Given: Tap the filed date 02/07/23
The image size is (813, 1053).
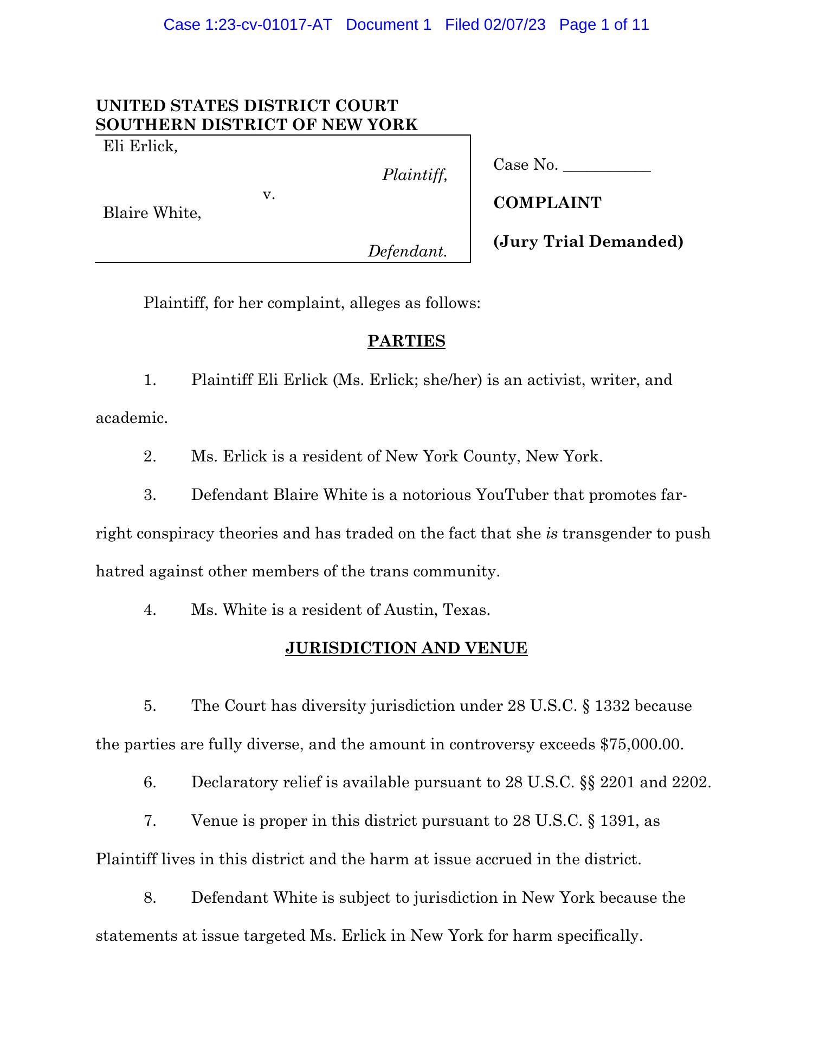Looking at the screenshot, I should click(x=514, y=25).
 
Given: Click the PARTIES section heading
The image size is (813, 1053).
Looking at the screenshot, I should click(x=406, y=341).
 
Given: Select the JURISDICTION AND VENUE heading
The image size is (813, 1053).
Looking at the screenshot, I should click(x=406, y=649).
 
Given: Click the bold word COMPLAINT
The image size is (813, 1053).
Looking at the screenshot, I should click(x=547, y=203).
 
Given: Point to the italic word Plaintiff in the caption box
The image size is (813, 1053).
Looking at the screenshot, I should click(x=414, y=175).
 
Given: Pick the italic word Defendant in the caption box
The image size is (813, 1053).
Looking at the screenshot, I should click(x=407, y=251).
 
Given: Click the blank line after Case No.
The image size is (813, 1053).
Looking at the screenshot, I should click(x=606, y=165).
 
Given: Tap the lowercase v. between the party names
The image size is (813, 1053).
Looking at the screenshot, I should click(x=269, y=194).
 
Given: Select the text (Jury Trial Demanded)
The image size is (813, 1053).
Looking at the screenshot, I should click(x=588, y=241).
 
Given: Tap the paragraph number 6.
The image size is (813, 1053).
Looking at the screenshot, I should click(x=150, y=782).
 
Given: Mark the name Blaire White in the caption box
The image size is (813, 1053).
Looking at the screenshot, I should click(x=152, y=213).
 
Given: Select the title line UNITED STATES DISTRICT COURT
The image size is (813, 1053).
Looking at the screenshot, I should click(x=247, y=105).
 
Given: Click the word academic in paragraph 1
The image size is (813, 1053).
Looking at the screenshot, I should click(x=131, y=418).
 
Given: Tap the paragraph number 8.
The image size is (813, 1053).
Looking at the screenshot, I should click(x=150, y=898).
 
